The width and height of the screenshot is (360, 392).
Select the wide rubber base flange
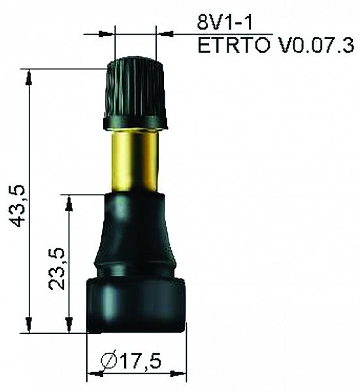[x=137, y=304]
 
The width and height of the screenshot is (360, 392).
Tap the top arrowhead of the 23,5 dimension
[x=68, y=202]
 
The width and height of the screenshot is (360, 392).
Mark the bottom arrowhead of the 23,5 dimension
[x=68, y=324]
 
